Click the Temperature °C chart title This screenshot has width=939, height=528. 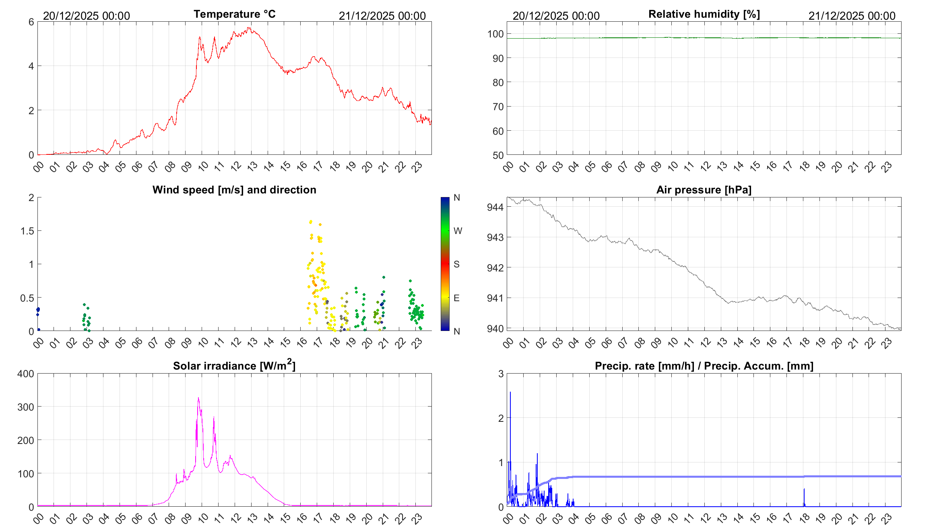point(234,14)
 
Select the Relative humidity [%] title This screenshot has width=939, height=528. point(704,14)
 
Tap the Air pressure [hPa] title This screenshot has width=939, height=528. point(704,190)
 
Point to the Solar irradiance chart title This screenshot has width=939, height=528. point(234,365)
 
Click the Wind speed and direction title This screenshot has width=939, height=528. point(234,190)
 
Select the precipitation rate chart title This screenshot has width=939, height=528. point(704,366)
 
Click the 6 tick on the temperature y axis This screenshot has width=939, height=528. point(31,22)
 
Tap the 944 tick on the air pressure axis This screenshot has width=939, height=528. point(495,207)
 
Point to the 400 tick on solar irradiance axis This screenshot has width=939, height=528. point(26,374)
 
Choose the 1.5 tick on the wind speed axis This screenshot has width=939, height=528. point(27,231)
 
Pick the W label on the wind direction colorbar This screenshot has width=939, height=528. point(458,231)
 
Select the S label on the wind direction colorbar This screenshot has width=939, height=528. point(456,264)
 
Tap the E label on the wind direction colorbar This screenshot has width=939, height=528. point(456,298)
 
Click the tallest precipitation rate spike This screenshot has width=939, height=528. point(510,392)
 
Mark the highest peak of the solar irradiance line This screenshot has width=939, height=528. point(198,398)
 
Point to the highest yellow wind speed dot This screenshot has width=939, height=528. point(311,222)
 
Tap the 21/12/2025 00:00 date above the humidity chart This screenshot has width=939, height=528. point(852,16)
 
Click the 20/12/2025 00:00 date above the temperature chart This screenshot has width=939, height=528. point(87,16)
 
